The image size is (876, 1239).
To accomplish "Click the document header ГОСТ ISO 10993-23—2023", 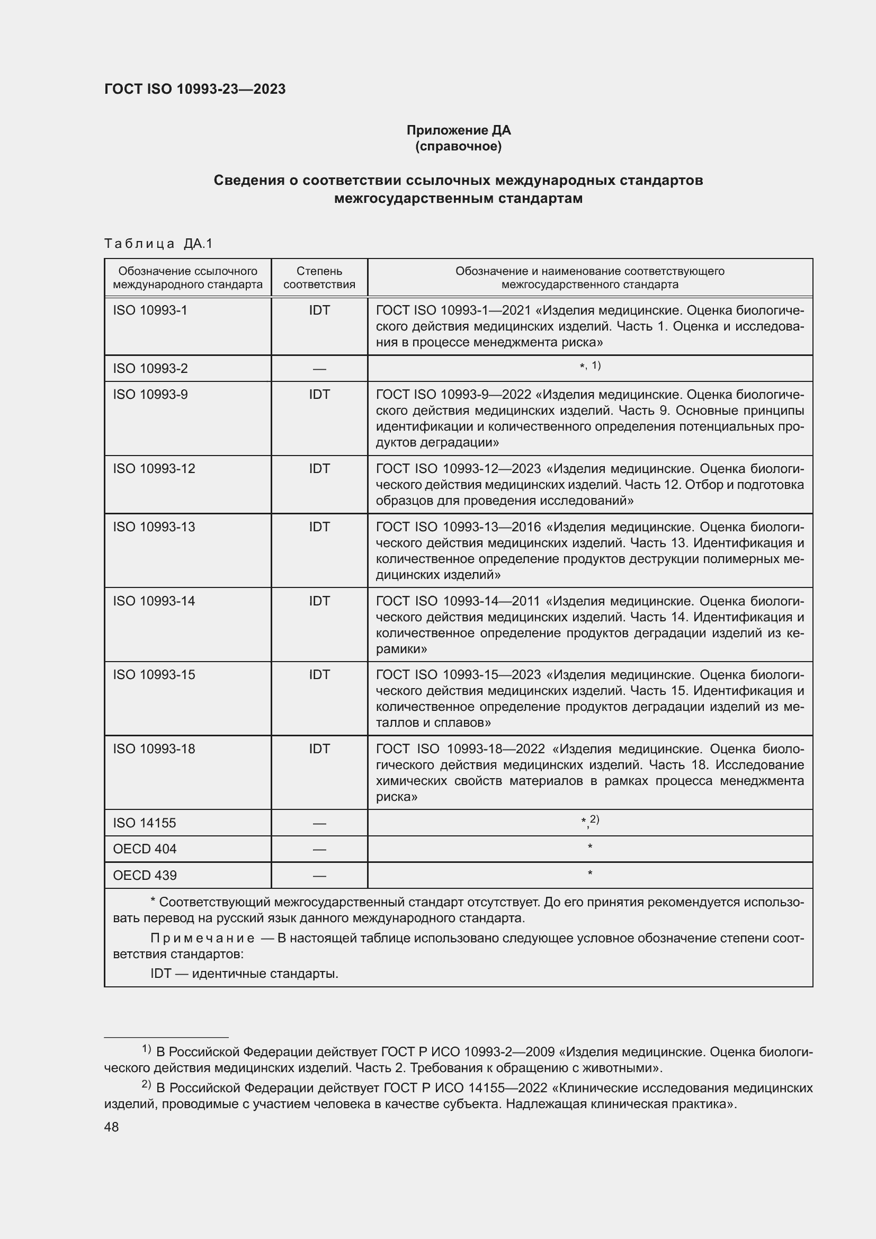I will point(195,89).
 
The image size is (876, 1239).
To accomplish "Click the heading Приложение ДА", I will point(458,130).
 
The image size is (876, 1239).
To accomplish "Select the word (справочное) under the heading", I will point(458,146).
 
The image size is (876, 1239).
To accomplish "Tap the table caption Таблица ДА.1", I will point(158,244).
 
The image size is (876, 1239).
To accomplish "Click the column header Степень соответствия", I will point(319,278).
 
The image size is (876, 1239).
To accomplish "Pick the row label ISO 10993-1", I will point(150,310).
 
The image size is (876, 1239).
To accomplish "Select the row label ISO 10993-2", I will point(150,369).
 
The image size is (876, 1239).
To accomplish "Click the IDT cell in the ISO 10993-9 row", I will point(319,395).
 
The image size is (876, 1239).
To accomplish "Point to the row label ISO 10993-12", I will point(154,468).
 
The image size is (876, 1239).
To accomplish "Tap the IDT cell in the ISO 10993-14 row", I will point(319,601).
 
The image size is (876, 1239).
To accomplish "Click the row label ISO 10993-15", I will point(154,674).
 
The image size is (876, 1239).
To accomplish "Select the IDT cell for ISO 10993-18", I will point(319,748).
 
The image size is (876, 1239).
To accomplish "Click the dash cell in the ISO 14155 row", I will point(319,824).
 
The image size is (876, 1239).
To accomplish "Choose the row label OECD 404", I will point(145,849).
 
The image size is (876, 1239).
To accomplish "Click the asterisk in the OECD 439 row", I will point(589,873).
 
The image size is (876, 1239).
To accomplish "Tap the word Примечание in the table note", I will point(202,938).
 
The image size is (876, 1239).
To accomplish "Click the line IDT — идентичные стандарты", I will point(244,974).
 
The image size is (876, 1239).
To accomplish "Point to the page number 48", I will point(111,1127).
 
